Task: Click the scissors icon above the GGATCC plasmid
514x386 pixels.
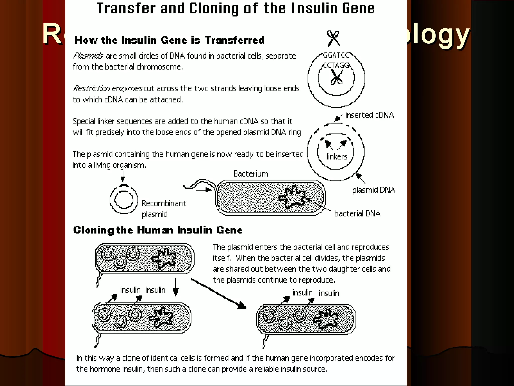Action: (333, 38)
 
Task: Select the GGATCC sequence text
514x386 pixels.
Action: (336, 55)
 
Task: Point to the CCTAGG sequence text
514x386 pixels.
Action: (336, 65)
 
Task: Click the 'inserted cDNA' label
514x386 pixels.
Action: (369, 115)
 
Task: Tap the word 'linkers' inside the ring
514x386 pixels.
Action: (337, 156)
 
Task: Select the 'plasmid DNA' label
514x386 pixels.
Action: (373, 190)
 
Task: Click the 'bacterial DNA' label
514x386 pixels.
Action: (357, 213)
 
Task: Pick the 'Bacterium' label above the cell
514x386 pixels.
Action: (251, 174)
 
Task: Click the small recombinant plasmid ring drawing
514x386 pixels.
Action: (124, 200)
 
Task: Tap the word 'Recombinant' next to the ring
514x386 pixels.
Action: (164, 203)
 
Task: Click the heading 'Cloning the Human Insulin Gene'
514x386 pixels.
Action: (158, 230)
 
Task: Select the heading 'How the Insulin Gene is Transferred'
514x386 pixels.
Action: (169, 40)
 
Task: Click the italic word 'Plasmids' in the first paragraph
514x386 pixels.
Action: (88, 56)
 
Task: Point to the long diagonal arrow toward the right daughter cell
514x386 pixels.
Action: (218, 293)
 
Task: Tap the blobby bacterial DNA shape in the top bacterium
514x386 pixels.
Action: (293, 197)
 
